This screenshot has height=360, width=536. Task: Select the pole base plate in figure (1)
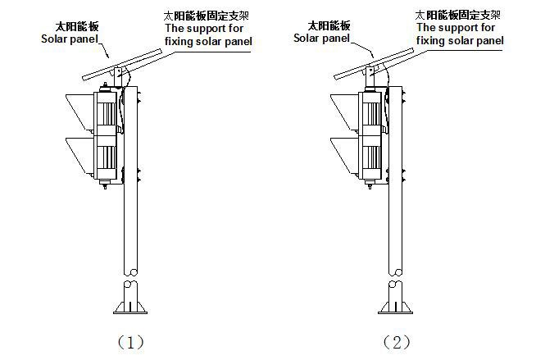130,309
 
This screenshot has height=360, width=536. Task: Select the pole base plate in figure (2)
395,309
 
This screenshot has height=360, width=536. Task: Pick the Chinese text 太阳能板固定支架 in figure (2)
457,15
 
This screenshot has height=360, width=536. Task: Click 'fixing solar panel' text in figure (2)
461,40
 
